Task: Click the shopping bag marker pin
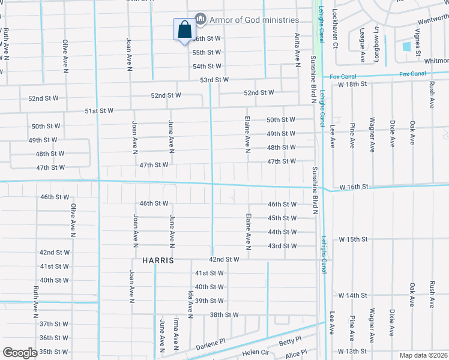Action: pos(184,31)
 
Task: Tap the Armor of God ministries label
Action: pos(254,20)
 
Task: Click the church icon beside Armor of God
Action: pos(200,20)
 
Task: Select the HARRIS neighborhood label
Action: pos(158,261)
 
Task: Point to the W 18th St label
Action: pos(352,85)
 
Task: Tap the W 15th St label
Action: pos(352,239)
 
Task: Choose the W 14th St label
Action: pos(352,296)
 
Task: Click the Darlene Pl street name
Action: pos(211,343)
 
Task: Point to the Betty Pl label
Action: pos(290,341)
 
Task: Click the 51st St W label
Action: pos(99,111)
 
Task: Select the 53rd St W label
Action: pos(214,80)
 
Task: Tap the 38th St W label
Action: pos(224,314)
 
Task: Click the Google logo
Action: pos(20,353)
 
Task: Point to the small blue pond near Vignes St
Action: pos(407,46)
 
